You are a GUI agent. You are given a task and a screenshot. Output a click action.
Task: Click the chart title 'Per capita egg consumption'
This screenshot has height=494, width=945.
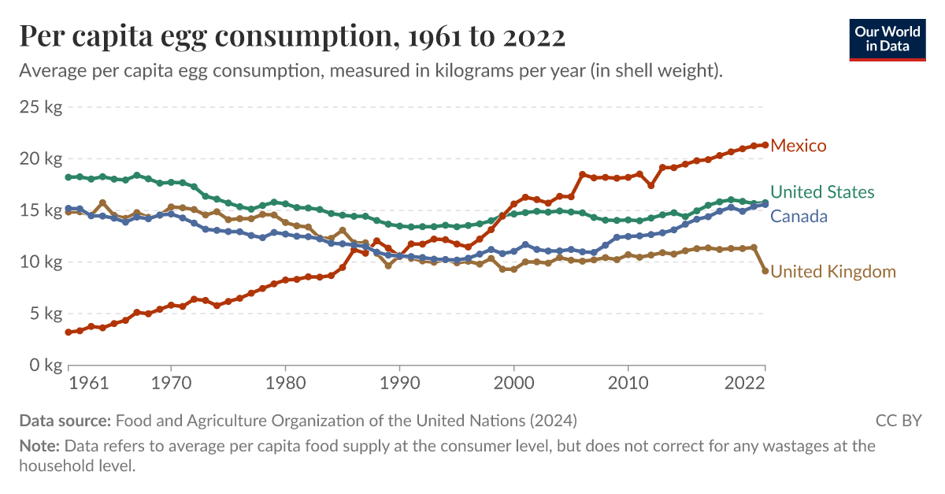click(291, 36)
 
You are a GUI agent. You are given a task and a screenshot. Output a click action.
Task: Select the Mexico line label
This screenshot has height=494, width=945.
click(799, 146)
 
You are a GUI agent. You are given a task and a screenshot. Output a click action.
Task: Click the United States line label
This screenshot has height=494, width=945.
click(822, 192)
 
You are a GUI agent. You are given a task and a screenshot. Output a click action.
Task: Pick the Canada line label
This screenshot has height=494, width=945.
click(799, 216)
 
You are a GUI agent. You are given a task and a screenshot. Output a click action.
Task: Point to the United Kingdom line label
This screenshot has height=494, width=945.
click(833, 272)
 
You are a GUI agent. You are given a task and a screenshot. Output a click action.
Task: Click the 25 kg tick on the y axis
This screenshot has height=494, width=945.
click(41, 107)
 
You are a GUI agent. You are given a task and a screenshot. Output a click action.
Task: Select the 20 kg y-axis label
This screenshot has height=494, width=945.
click(41, 159)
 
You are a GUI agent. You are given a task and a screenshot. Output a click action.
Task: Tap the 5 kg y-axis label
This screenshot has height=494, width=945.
click(45, 314)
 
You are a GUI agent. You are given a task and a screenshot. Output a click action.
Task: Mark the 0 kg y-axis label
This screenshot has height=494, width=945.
click(45, 366)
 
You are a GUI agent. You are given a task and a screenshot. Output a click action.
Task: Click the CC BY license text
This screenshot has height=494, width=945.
click(898, 420)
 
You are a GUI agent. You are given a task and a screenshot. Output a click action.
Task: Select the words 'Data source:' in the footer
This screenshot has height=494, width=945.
click(66, 420)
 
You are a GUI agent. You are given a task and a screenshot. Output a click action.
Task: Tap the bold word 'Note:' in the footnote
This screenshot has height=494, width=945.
click(39, 446)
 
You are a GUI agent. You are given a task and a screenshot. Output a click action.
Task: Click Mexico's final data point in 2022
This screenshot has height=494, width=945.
click(765, 145)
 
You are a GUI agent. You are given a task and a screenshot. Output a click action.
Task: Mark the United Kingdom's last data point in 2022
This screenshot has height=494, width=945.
click(765, 271)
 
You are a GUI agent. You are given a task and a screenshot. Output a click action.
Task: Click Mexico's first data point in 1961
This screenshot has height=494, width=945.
click(69, 332)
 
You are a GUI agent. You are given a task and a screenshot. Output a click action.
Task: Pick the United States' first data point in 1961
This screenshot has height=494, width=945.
click(69, 177)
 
